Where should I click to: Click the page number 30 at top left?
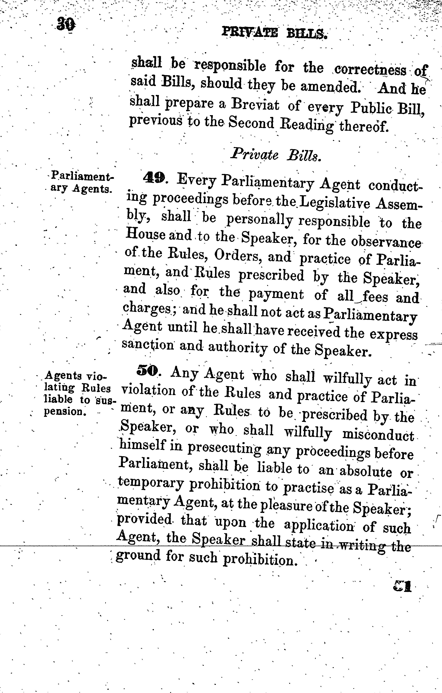[66, 24]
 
